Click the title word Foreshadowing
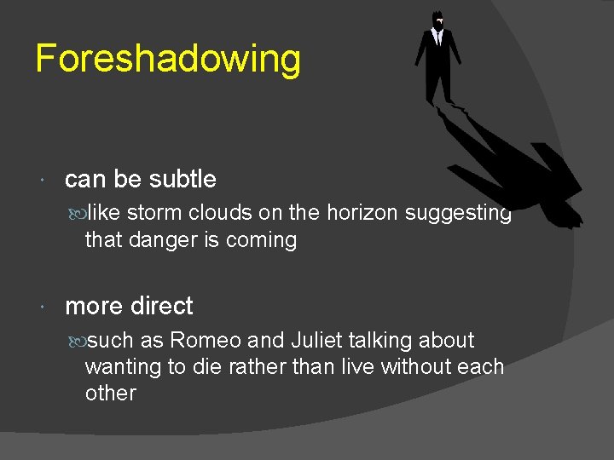pyautogui.click(x=168, y=60)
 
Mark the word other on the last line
pyautogui.click(x=110, y=394)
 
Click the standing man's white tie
pyautogui.click(x=437, y=37)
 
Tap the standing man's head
pyautogui.click(x=437, y=19)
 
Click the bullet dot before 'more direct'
pyautogui.click(x=44, y=307)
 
